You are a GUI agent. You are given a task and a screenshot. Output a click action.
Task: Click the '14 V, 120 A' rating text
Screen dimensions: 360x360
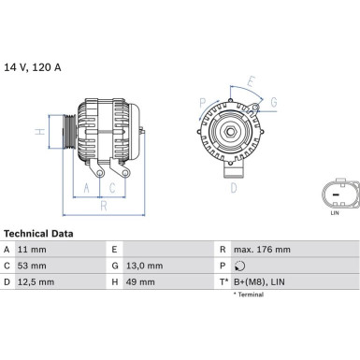(33, 67)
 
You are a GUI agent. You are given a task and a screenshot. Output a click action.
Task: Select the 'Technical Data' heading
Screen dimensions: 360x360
(38, 234)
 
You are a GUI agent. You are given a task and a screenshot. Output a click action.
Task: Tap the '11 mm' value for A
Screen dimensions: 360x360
(32, 250)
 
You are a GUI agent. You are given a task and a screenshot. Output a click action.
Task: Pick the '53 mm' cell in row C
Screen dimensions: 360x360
(32, 266)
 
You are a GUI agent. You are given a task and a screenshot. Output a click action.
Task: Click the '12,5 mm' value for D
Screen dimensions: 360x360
(36, 282)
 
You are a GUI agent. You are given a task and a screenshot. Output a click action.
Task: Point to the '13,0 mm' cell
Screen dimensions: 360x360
(144, 266)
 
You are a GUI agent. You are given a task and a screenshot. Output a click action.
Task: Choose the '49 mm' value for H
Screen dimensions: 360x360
(140, 282)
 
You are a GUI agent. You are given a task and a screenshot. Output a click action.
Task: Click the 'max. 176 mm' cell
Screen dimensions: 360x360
(262, 250)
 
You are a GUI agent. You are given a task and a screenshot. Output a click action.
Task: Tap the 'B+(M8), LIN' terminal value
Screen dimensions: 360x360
(259, 282)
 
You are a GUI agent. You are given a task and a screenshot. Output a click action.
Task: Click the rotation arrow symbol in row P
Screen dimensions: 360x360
(239, 266)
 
